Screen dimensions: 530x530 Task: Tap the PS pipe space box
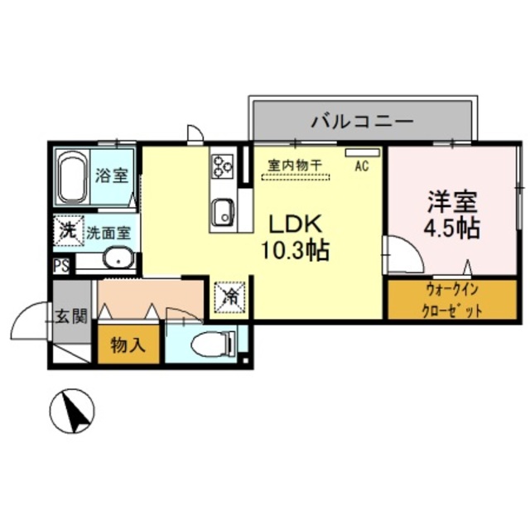pos(60,267)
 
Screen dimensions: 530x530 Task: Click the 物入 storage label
pos(128,345)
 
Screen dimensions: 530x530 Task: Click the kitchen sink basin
pos(223,213)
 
